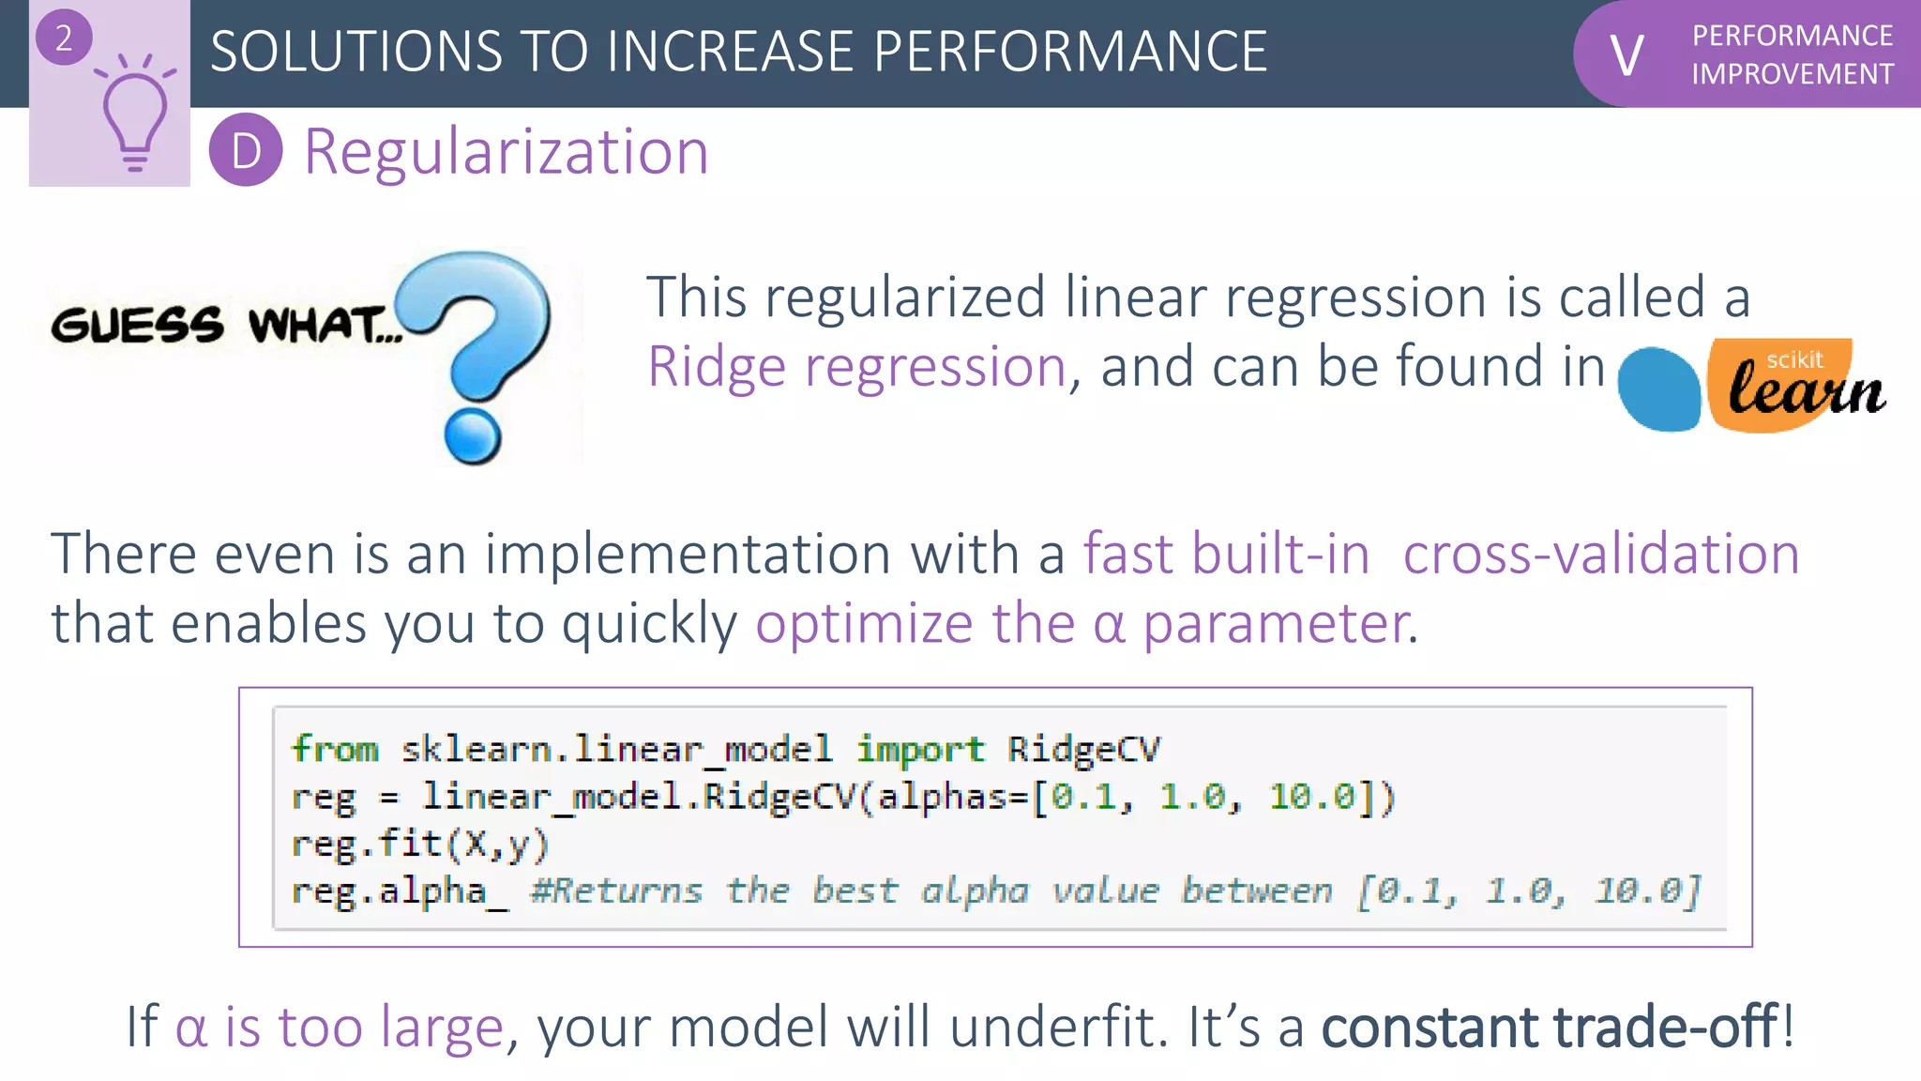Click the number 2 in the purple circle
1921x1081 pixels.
pos(64,38)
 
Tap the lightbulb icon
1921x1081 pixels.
pos(135,116)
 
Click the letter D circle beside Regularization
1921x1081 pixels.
pos(246,150)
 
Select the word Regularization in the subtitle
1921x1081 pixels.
pos(507,151)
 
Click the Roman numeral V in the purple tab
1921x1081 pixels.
pos(1626,55)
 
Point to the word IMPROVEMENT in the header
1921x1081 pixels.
pos(1792,74)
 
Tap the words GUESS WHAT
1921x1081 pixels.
pos(225,325)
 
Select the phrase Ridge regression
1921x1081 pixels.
pos(856,366)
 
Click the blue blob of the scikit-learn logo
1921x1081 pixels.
pos(1658,389)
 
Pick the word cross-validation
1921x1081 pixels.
pos(1600,554)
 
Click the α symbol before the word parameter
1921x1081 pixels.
pos(1109,624)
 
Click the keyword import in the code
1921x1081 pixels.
pos(920,749)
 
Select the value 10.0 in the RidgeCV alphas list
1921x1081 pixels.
pos(1311,797)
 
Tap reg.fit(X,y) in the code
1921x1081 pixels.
pos(419,844)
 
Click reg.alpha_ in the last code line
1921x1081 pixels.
pos(399,891)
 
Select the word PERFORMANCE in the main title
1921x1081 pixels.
pos(1069,52)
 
